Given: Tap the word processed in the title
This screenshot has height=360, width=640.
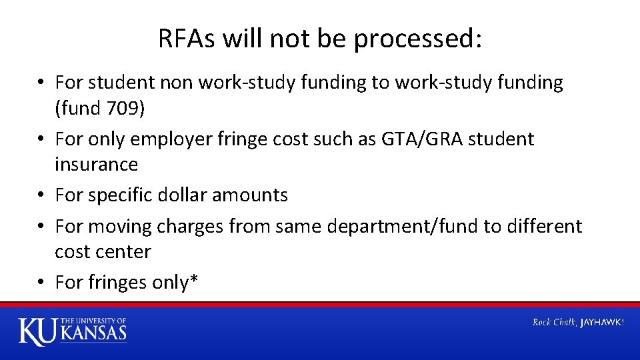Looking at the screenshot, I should [x=417, y=40].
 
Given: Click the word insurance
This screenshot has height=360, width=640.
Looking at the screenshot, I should [x=96, y=164].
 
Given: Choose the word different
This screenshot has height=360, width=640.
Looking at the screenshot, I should [x=544, y=226].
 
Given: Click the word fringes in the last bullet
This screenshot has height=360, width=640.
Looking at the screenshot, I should [x=117, y=283].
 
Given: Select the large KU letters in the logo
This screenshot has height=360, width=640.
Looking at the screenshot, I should [x=37, y=331].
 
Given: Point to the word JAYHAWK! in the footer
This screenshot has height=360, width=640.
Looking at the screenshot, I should [x=602, y=322].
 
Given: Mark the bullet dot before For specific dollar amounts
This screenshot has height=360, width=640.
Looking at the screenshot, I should [x=41, y=195].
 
